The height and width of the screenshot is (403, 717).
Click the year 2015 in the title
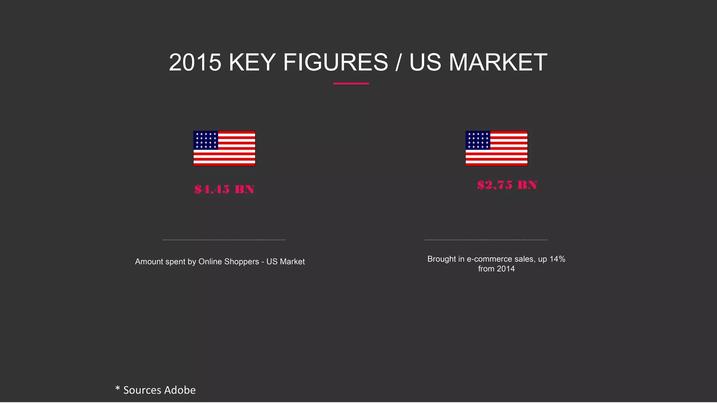pyautogui.click(x=195, y=63)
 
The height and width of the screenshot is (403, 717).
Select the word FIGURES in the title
pyautogui.click(x=335, y=63)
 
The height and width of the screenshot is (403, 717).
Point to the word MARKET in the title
pyautogui.click(x=498, y=63)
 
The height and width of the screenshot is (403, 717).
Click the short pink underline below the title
pyautogui.click(x=351, y=84)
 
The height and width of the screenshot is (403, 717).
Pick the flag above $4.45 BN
pyautogui.click(x=224, y=148)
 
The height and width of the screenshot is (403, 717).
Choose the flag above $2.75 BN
pyautogui.click(x=496, y=148)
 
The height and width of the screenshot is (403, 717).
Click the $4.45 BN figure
pyautogui.click(x=224, y=189)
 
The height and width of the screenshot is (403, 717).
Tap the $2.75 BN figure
pyautogui.click(x=507, y=185)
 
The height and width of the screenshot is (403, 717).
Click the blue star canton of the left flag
pyautogui.click(x=206, y=140)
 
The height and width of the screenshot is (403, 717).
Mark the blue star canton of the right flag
pyautogui.click(x=478, y=140)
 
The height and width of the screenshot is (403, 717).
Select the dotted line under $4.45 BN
pyautogui.click(x=224, y=240)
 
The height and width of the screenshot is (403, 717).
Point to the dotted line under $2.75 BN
pyautogui.click(x=486, y=240)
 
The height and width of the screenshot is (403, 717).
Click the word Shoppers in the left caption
pyautogui.click(x=241, y=262)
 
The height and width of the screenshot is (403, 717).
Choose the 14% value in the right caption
pyautogui.click(x=557, y=259)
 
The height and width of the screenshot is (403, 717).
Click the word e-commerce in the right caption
pyautogui.click(x=489, y=259)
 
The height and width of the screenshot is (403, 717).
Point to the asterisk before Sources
pyautogui.click(x=118, y=388)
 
